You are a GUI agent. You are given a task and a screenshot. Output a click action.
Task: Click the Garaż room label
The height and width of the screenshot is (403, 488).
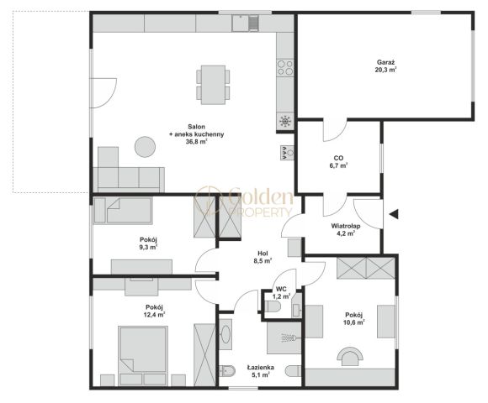click(385, 66)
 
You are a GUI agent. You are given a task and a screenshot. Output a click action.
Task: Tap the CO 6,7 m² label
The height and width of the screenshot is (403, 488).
click(338, 162)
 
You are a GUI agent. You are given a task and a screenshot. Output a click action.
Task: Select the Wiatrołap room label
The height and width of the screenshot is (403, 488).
click(346, 229)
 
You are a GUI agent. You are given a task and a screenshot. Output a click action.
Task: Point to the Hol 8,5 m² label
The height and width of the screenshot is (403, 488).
click(263, 257)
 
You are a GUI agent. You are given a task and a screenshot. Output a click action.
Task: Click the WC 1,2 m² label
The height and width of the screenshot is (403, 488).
click(281, 292)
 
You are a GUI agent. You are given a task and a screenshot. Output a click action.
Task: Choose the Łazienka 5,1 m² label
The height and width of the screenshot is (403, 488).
click(261, 371)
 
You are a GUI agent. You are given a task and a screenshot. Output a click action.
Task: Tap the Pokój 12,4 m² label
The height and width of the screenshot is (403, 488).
click(155, 311)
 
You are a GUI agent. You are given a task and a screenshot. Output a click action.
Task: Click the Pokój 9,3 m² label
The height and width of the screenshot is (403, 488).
click(148, 243)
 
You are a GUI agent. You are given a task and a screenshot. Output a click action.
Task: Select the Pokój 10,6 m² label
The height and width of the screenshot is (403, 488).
click(354, 318)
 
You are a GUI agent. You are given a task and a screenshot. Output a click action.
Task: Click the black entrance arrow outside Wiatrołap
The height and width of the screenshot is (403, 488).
click(394, 214)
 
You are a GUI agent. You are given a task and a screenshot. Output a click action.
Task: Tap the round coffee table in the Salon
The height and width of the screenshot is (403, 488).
click(145, 147)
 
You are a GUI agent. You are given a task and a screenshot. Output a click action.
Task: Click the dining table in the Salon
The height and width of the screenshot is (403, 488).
click(213, 85)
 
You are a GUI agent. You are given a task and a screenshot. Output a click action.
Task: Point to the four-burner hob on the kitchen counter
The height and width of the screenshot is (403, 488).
click(285, 68)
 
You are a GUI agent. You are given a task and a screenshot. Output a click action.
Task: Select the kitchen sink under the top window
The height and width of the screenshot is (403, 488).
click(246, 23)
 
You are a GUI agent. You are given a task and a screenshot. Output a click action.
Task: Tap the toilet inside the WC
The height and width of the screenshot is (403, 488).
click(273, 306)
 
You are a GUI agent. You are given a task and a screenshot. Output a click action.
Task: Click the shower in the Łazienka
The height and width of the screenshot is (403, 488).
click(284, 338)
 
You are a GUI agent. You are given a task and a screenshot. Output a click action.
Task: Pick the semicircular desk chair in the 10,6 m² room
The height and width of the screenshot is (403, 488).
click(351, 356)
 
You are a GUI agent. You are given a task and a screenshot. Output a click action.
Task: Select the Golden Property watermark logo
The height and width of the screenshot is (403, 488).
click(244, 201)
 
